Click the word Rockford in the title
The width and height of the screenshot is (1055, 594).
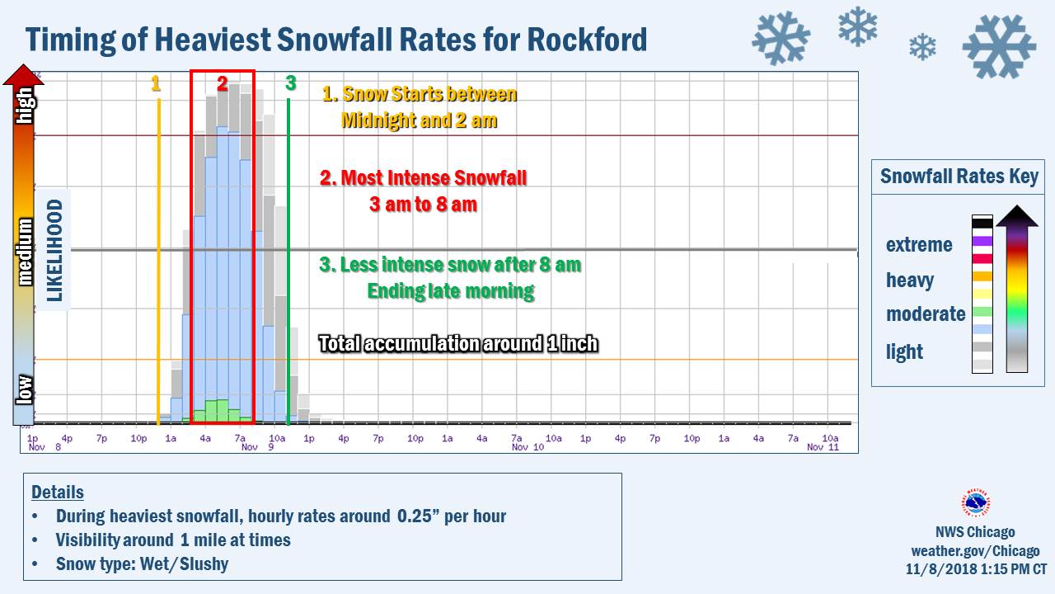click(579, 40)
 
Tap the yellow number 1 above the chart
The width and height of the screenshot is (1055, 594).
click(156, 83)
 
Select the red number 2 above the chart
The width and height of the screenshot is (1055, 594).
click(223, 83)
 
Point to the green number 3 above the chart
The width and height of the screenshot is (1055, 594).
click(290, 83)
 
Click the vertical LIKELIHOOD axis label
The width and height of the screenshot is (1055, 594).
click(55, 250)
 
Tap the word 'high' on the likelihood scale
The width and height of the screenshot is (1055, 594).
click(26, 106)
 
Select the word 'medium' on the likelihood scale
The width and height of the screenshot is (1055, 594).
click(26, 251)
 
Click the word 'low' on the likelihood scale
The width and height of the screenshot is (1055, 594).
click(25, 389)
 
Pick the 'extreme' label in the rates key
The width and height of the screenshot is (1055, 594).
click(919, 245)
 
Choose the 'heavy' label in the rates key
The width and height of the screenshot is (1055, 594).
click(910, 280)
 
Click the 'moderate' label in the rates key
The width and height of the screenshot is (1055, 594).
click(926, 314)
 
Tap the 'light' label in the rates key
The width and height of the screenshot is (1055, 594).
click(904, 352)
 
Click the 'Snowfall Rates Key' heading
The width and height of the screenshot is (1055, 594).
click(959, 177)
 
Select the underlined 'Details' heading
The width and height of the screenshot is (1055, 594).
click(58, 493)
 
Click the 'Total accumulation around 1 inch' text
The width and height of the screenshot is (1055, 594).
click(458, 343)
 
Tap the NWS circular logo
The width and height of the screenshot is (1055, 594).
click(976, 502)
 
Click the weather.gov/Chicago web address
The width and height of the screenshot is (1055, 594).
click(975, 551)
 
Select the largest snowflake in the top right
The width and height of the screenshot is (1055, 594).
click(999, 46)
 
